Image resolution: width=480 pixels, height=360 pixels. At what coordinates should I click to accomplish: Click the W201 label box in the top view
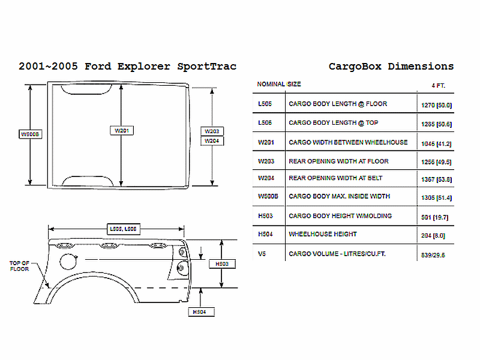click(121, 130)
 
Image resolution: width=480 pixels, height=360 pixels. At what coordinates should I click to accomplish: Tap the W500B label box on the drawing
click(30, 134)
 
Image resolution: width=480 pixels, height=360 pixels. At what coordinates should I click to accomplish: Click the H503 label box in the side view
click(221, 263)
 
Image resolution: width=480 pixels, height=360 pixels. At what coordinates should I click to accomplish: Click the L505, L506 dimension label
click(122, 229)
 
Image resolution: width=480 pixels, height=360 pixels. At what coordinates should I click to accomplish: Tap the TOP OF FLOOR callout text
click(20, 266)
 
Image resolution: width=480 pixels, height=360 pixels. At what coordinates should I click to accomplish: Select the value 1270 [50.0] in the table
click(436, 105)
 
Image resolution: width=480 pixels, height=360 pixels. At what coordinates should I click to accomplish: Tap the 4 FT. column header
click(438, 85)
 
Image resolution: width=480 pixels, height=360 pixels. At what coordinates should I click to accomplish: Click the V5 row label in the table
click(262, 254)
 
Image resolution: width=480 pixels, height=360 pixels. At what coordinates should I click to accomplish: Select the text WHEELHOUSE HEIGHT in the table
click(323, 234)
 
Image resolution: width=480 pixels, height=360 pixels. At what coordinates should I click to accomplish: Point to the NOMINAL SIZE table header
click(279, 84)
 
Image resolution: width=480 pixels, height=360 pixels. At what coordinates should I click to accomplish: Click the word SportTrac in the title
click(206, 66)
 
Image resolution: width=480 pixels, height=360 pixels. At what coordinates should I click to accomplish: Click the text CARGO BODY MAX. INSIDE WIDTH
click(339, 196)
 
